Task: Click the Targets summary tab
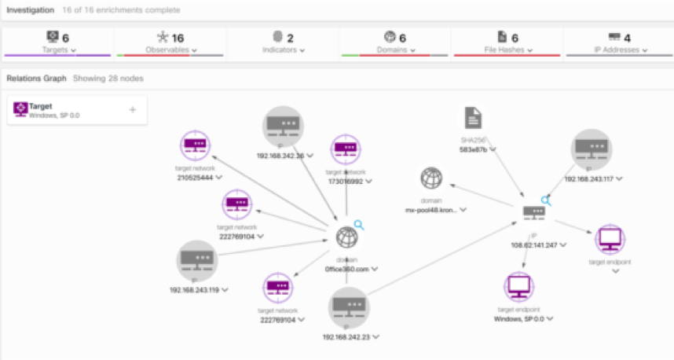57,43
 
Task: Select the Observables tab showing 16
170,43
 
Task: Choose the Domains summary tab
395,43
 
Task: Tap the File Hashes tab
507,43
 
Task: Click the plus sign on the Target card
132,110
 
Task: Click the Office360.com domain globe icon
346,237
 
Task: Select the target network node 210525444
196,145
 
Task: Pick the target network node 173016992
346,149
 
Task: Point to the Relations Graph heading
35,79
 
